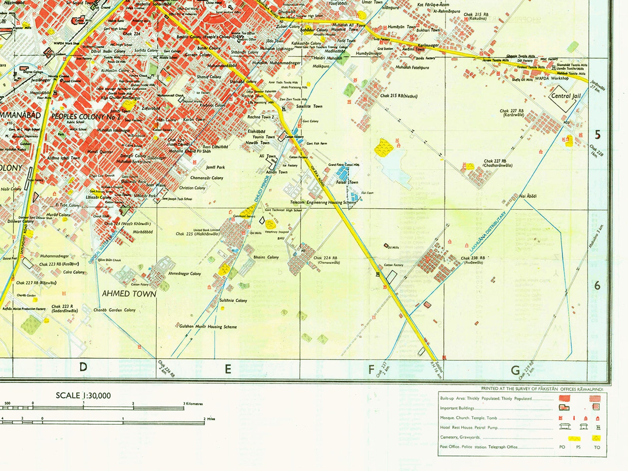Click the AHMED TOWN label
pos(129,294)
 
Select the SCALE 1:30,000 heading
pos(83,395)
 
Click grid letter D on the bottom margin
pos(83,367)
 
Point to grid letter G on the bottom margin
pos(515,371)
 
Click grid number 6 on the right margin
pos(598,285)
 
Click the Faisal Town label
pos(347,182)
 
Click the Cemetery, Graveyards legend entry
pos(460,437)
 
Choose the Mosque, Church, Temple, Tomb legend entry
pos(468,418)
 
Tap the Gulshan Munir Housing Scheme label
pos(208,327)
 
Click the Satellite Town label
pos(309,106)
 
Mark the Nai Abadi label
pos(528,196)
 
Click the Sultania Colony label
pos(233,301)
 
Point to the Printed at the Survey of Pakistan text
pos(541,389)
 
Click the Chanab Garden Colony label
pos(114,310)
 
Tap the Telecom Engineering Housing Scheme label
pos(323,202)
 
